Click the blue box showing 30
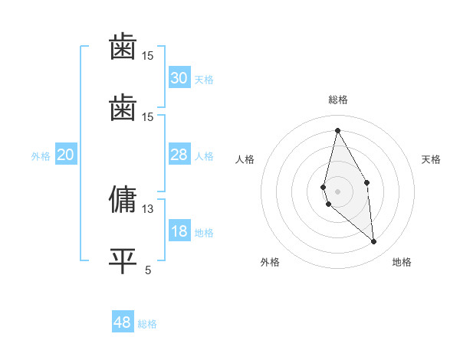point(179,78)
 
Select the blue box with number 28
point(179,155)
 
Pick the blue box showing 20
point(66,155)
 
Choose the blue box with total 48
point(123,322)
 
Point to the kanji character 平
point(123,260)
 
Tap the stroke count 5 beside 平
point(148,269)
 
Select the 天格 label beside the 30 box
point(204,79)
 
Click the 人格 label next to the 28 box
point(204,155)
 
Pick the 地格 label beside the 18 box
point(204,233)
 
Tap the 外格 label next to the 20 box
point(41,155)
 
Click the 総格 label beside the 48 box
point(147,323)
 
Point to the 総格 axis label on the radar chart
point(338,100)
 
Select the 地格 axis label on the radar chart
point(402,262)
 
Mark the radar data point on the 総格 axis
point(338,129)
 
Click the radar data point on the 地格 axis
point(374,242)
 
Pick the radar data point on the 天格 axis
point(367,182)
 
